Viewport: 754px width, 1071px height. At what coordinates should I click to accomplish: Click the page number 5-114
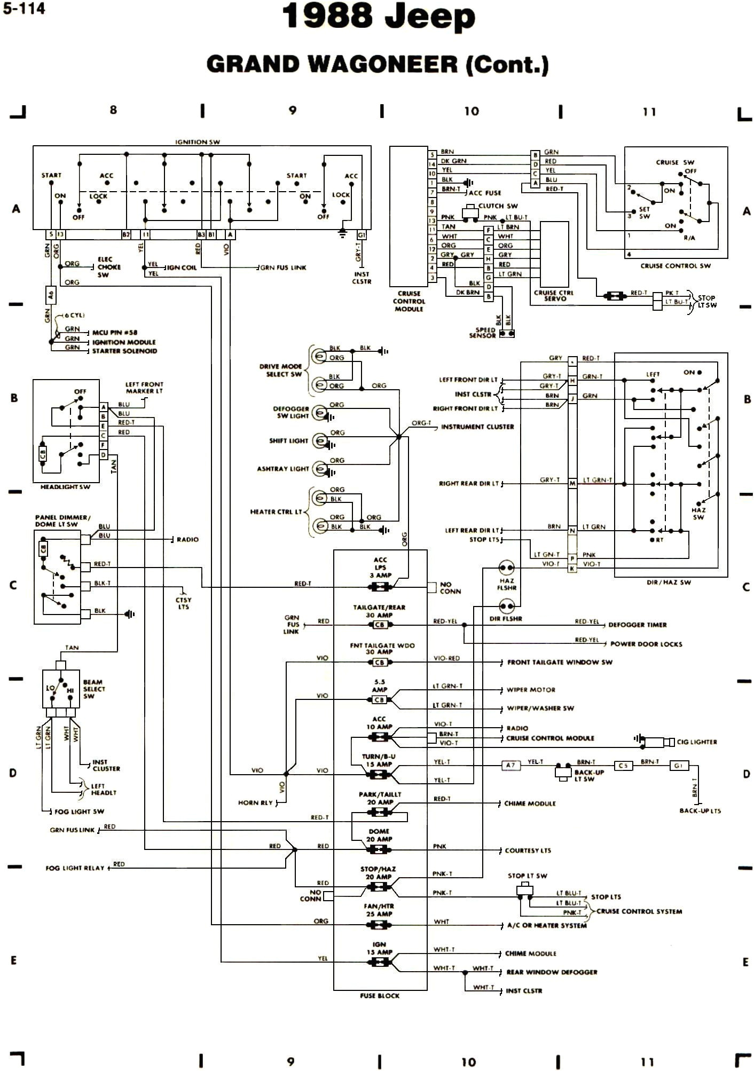point(24,9)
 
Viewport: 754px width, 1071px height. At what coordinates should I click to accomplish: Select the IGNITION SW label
point(198,142)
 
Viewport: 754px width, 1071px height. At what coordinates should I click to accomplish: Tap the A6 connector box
point(51,294)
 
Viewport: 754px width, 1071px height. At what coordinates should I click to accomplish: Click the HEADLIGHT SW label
point(65,487)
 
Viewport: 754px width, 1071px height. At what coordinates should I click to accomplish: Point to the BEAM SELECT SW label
point(93,689)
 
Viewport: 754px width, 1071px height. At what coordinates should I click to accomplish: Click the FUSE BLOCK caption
point(380,996)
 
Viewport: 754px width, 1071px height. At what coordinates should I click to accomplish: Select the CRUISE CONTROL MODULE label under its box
point(409,301)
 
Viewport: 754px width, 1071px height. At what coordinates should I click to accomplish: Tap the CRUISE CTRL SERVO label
point(554,296)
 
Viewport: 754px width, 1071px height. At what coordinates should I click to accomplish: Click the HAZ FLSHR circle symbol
point(506,568)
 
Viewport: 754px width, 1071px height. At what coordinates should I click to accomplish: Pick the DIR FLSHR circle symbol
point(506,606)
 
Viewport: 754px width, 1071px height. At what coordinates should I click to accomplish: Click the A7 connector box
point(510,765)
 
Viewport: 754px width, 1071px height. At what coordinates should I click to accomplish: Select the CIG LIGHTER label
point(696,742)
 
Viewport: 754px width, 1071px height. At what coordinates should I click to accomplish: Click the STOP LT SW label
point(527,876)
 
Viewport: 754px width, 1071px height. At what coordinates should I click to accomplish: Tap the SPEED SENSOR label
point(482,333)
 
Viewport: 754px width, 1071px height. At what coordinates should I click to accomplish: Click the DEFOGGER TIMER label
point(637,625)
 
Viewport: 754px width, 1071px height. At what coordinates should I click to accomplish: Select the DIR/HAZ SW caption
point(669,582)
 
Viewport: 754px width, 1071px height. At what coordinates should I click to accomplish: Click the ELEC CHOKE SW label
point(108,267)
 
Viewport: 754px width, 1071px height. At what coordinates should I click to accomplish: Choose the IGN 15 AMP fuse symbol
point(380,962)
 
